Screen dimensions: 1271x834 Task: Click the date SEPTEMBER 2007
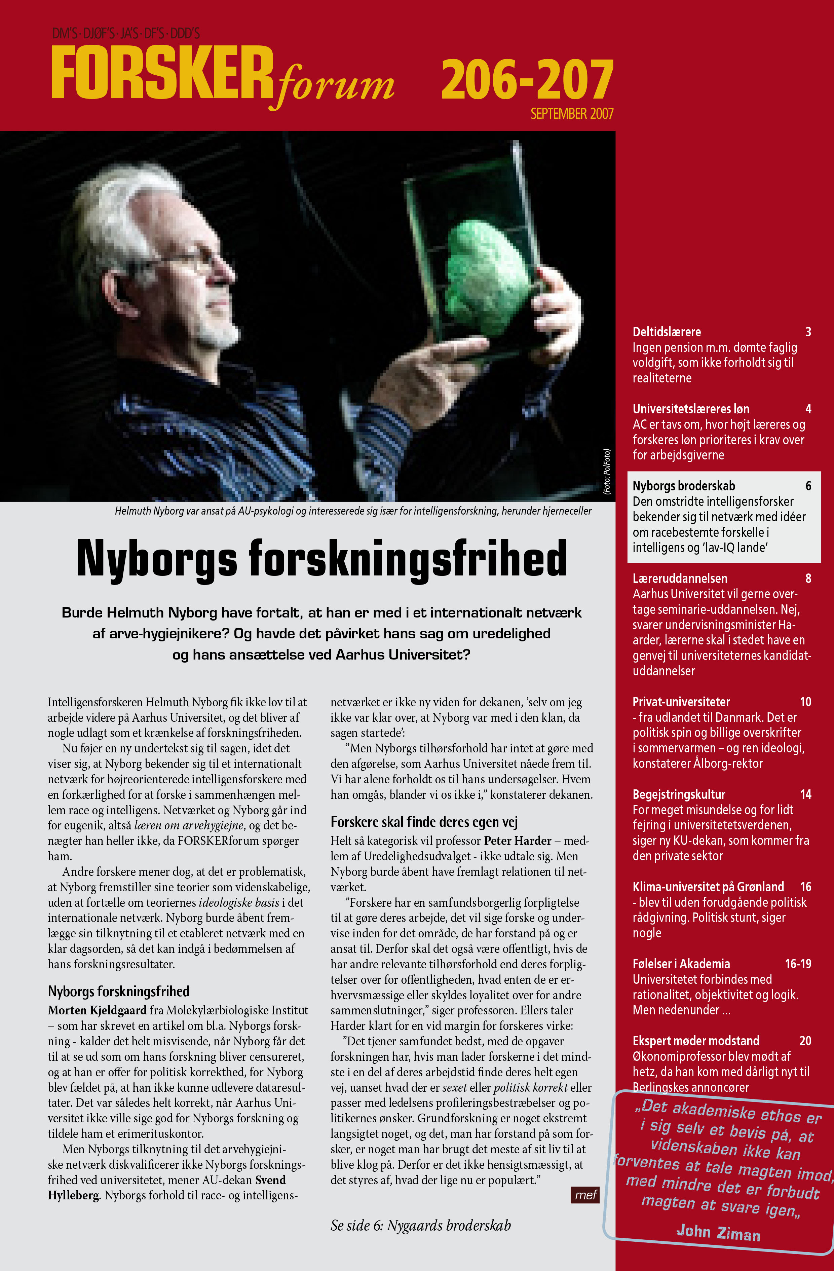[571, 114]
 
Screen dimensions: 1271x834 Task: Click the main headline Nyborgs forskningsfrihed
[321, 559]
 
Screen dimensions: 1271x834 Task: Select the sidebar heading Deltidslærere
[666, 332]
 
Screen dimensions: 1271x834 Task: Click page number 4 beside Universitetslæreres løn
[808, 409]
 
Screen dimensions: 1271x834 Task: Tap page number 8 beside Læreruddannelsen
[808, 578]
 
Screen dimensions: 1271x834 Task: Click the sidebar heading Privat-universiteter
[681, 702]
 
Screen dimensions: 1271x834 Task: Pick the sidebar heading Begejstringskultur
[679, 794]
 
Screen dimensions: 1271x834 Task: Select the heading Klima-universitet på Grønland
[708, 887]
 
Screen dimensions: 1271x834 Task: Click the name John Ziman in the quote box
[718, 1233]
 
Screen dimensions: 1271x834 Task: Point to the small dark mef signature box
[585, 1195]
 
